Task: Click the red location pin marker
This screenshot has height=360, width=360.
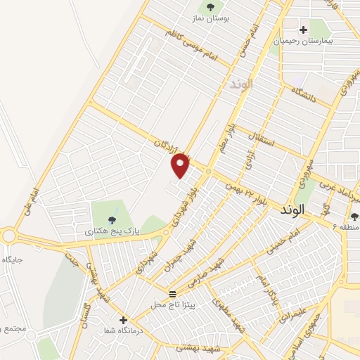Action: click(x=181, y=166)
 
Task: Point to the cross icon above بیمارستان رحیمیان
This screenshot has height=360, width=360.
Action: click(x=303, y=30)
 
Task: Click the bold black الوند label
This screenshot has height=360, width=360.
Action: click(x=295, y=210)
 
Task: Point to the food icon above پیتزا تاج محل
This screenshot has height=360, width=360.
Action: click(x=173, y=292)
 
